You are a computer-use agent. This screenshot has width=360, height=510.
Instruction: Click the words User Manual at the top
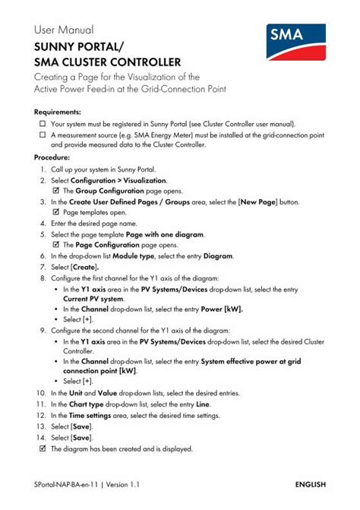click(64, 30)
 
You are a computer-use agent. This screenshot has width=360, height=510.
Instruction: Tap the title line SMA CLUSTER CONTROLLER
click(107, 62)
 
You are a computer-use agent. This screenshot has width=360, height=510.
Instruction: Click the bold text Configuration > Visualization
click(118, 181)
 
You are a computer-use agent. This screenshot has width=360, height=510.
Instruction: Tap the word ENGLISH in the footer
click(310, 484)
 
